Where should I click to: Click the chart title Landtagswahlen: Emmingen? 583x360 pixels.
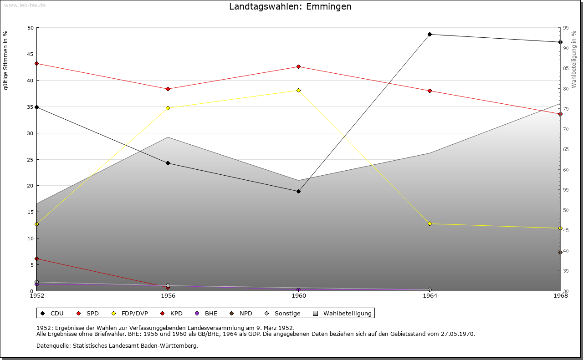tap(290, 7)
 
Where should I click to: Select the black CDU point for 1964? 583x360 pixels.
tap(430, 35)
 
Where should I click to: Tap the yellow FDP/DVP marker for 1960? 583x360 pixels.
tap(299, 91)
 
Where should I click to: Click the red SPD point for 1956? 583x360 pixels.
tap(168, 89)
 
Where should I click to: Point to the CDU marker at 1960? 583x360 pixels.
tap(299, 192)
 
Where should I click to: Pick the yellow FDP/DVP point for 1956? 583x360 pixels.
tap(168, 108)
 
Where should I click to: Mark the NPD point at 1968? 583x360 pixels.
tap(560, 253)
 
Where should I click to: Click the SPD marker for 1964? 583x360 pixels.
tap(430, 91)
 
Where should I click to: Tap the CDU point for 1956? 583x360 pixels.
tap(168, 163)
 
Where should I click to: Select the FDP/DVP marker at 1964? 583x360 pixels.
tap(430, 224)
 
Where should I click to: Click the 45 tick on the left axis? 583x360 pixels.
tap(31, 54)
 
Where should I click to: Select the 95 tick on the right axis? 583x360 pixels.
tap(566, 28)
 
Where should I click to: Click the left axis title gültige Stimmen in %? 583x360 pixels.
tap(6, 61)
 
